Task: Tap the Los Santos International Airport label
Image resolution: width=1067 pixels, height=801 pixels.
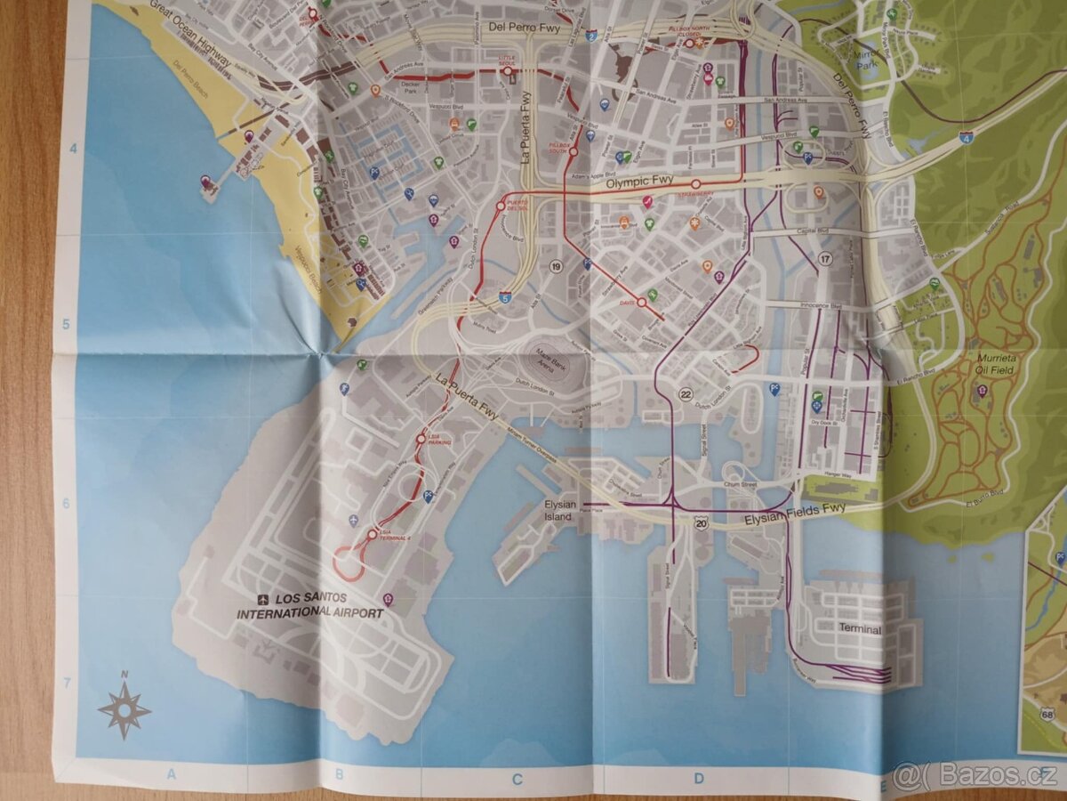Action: (x=309, y=605)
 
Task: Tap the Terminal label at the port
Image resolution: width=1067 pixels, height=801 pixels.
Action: (x=860, y=629)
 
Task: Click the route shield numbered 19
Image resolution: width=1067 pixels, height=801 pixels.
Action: (x=557, y=266)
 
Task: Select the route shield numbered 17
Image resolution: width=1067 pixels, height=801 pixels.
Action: (x=825, y=259)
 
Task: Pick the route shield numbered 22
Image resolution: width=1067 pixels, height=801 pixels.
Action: (x=686, y=394)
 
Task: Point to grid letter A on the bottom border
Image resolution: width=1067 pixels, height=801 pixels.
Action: (x=172, y=774)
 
